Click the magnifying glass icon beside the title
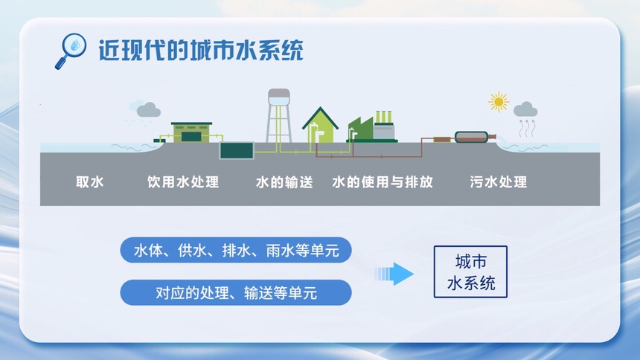coord(70,50)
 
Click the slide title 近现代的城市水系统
coord(201,50)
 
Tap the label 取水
coord(90,181)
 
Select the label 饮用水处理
coord(183,181)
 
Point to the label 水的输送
coord(284,181)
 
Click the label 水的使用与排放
coord(383,181)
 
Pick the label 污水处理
coord(499,181)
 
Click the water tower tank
coord(279,97)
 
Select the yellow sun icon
coord(499,102)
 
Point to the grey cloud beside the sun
coord(525,109)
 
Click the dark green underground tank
coord(237,150)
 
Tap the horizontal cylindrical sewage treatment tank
coord(471,137)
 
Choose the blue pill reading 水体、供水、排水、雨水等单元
coord(236,250)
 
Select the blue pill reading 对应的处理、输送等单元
coord(236,292)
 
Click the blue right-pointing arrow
coord(394,274)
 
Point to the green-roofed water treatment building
coord(191,132)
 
